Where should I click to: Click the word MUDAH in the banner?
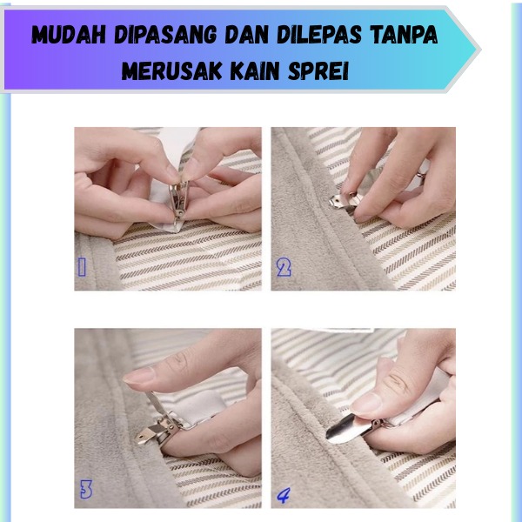coord(69,35)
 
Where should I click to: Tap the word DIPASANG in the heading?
coord(165,35)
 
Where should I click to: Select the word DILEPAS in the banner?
coord(319,35)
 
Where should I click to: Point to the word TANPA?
coord(405,35)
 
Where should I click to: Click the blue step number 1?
coord(82,267)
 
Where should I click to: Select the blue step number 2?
coord(284,268)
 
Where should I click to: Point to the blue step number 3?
coord(86,489)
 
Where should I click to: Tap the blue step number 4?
coord(284,495)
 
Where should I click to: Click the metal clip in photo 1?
coord(179,201)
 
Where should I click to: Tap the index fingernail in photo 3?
coord(139,375)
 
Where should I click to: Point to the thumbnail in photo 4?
coord(366,404)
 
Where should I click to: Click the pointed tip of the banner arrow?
coord(481,50)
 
